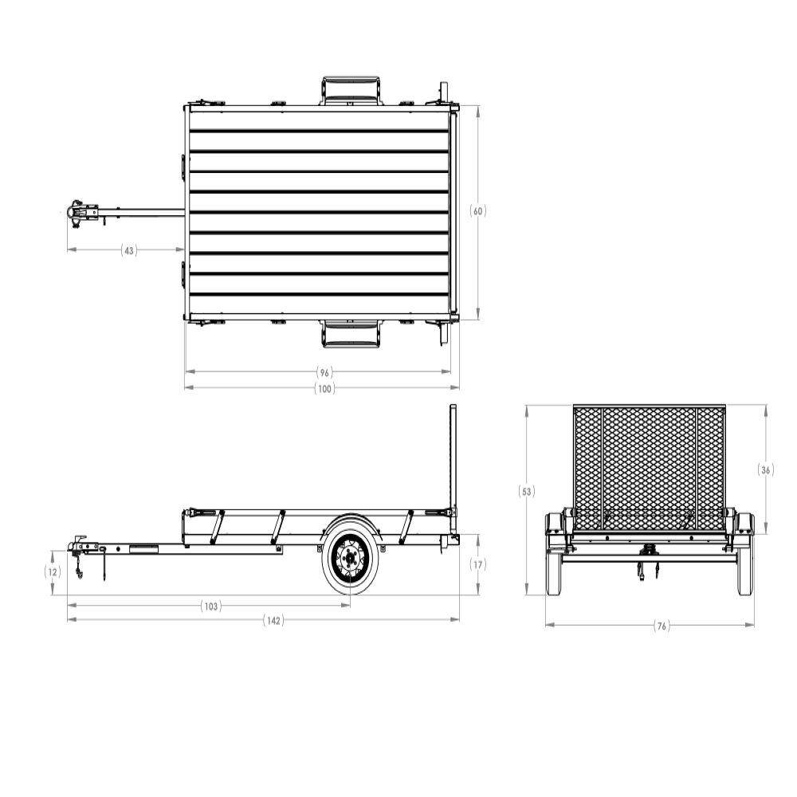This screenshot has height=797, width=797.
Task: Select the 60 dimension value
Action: [x=478, y=211]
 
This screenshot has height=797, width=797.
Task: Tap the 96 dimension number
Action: [x=324, y=372]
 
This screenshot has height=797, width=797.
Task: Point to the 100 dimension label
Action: [x=324, y=388]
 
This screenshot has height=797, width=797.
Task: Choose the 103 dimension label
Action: [x=210, y=607]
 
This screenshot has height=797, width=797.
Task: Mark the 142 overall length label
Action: [x=273, y=621]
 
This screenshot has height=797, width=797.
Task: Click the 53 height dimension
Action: [x=527, y=492]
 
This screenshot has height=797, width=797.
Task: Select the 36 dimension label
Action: [x=766, y=470]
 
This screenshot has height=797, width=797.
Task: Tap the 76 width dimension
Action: [x=661, y=626]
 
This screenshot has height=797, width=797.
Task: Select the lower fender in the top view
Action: [x=351, y=335]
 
